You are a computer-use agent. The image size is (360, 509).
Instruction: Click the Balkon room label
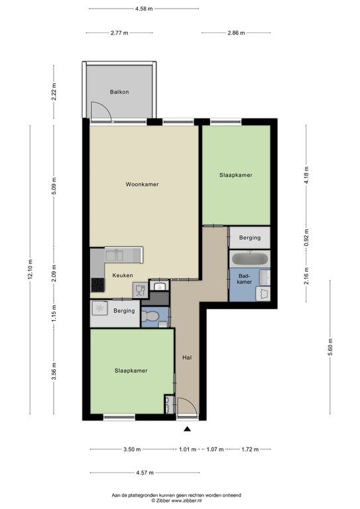click(119, 92)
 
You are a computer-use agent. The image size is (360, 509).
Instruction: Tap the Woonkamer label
click(142, 184)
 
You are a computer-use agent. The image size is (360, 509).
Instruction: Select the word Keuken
click(123, 275)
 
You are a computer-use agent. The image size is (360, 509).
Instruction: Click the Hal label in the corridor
click(187, 357)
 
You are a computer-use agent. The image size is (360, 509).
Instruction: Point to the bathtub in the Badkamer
click(250, 258)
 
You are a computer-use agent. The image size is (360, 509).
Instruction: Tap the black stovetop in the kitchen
click(97, 285)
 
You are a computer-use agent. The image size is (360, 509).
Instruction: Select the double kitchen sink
click(114, 256)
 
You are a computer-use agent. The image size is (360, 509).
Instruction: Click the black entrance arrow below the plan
click(187, 429)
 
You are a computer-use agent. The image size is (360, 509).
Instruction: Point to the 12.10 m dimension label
click(30, 270)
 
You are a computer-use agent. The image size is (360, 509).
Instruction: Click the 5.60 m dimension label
click(330, 347)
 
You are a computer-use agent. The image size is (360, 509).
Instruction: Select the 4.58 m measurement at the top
click(144, 9)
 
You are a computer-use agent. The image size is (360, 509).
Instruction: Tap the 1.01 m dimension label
click(188, 449)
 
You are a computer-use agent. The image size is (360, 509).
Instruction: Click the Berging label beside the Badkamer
click(250, 238)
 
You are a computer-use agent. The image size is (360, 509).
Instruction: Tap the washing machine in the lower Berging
click(99, 308)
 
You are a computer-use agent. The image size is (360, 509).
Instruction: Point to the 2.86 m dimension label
click(236, 32)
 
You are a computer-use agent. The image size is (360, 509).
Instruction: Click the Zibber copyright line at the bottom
click(176, 501)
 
